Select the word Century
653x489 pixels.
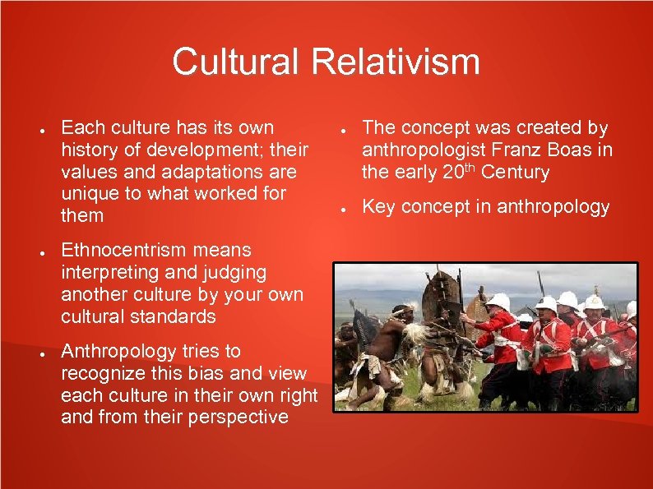[x=515, y=173]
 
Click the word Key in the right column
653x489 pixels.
[x=377, y=207]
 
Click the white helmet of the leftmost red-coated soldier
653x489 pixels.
[x=498, y=302]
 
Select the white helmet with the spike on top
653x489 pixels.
[x=594, y=300]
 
